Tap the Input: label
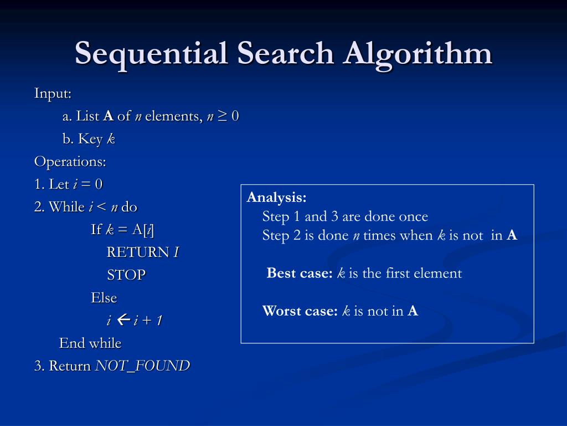coord(53,93)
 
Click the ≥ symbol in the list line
coord(223,116)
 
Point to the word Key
coord(90,139)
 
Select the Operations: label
coord(70,162)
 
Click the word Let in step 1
coord(59,184)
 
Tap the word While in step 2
coord(67,207)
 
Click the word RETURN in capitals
coord(138,252)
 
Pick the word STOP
coord(126,275)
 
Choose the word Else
coord(104,298)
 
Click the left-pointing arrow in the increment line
coord(123,320)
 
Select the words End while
coord(90,343)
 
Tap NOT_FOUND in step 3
coord(143,366)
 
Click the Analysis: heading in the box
coord(277,198)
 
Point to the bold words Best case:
coord(300,273)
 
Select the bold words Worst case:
coord(300,311)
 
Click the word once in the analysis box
coord(414,217)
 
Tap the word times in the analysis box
coord(380,236)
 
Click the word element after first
coord(436,273)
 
